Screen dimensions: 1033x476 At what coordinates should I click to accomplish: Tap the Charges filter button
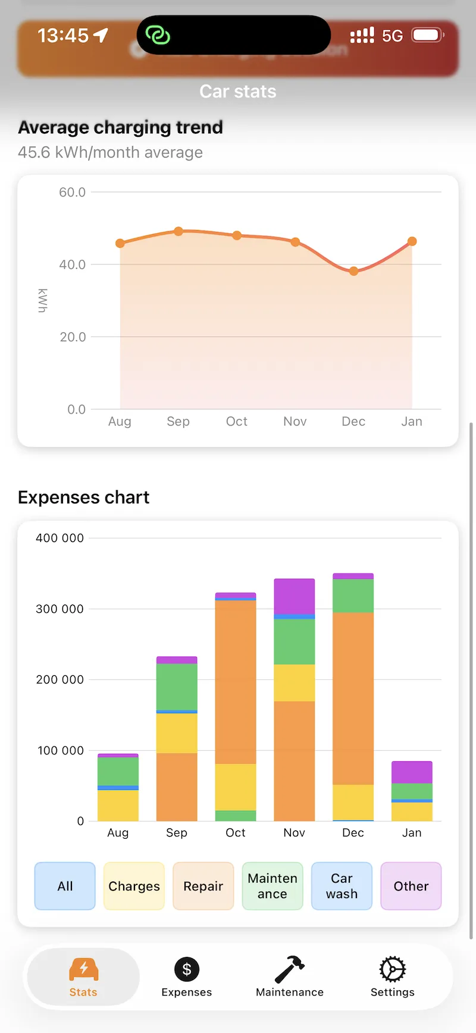pyautogui.click(x=134, y=886)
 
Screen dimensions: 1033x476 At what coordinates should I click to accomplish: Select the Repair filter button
pyautogui.click(x=203, y=886)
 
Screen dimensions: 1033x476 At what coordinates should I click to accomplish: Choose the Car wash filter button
pyautogui.click(x=342, y=886)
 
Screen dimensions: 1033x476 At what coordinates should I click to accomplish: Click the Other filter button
pyautogui.click(x=411, y=886)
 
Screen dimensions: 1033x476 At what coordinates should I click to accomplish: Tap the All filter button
pyautogui.click(x=65, y=886)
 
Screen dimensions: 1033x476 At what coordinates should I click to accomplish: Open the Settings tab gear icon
pyautogui.click(x=392, y=969)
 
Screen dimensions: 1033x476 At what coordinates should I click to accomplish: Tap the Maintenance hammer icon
pyautogui.click(x=289, y=969)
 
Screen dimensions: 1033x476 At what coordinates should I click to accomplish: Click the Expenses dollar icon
pyautogui.click(x=186, y=969)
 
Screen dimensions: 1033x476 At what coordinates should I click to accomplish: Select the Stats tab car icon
pyautogui.click(x=83, y=969)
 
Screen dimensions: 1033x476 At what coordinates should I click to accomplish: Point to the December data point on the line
pyautogui.click(x=353, y=271)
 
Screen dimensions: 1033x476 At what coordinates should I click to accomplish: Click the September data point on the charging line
pyautogui.click(x=178, y=231)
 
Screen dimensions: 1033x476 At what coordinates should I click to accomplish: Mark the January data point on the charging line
pyautogui.click(x=412, y=241)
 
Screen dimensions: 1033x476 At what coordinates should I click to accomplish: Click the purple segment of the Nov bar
pyautogui.click(x=294, y=596)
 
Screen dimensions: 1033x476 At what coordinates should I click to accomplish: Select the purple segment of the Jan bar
pyautogui.click(x=412, y=772)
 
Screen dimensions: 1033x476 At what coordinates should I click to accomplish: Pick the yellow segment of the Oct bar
pyautogui.click(x=236, y=787)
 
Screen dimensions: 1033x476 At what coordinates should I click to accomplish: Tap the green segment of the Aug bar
pyautogui.click(x=118, y=771)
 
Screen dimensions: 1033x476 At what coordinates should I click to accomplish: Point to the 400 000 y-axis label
pyautogui.click(x=59, y=538)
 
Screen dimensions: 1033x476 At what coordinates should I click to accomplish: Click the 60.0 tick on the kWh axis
pyautogui.click(x=72, y=192)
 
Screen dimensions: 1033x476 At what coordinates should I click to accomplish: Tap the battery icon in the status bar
pyautogui.click(x=427, y=35)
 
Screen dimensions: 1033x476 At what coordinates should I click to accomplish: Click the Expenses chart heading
pyautogui.click(x=83, y=497)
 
